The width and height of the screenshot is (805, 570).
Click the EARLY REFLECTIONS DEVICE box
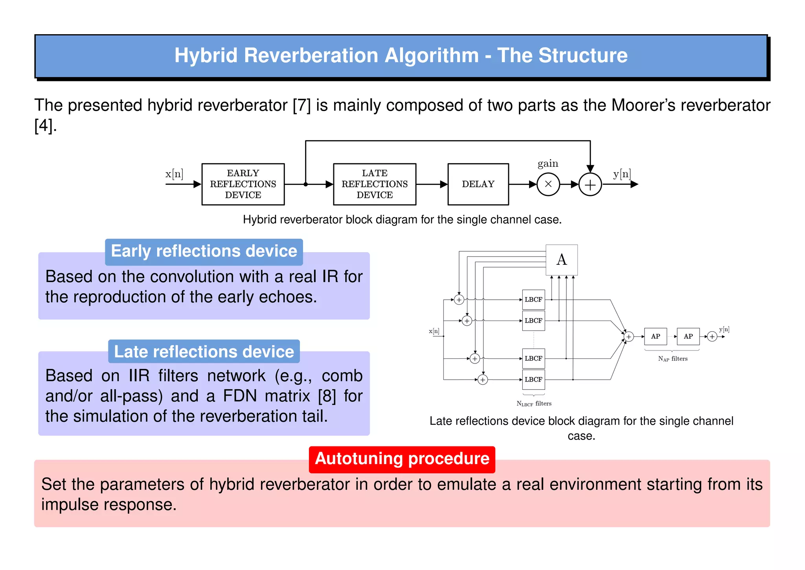coord(243,184)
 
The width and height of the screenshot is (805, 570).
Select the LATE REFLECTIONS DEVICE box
coord(374,184)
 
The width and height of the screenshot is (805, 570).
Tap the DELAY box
coord(478,184)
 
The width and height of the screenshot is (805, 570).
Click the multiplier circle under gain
coord(548,184)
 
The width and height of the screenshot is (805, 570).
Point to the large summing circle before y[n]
coord(590,184)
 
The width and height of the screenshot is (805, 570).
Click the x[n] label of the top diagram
coord(174,173)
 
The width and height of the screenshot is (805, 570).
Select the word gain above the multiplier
coord(548,163)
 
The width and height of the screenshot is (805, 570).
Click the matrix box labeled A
coord(561,260)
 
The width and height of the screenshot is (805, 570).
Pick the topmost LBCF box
coord(533,299)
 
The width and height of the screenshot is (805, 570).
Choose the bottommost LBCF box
coord(533,379)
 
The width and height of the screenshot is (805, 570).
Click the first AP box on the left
coord(655,336)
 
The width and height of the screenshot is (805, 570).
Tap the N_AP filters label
coord(673,359)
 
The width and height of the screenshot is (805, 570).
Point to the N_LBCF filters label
coord(534,404)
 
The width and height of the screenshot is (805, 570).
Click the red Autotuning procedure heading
coord(402,459)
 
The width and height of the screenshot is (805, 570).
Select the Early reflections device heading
coord(204,251)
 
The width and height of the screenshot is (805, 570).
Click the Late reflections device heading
coord(204,352)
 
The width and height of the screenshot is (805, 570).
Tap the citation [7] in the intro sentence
coord(301,105)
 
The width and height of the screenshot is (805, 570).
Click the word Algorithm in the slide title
coord(432,55)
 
